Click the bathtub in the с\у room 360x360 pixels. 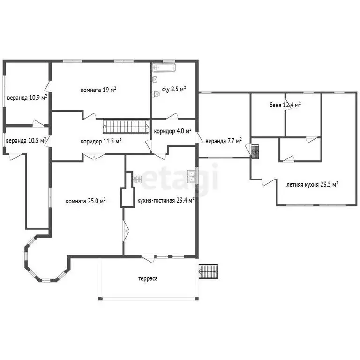pyautogui.click(x=164, y=67)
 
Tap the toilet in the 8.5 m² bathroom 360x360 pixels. pyautogui.click(x=156, y=94)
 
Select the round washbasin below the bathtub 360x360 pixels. pyautogui.click(x=155, y=79)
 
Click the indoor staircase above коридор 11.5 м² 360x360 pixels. pyautogui.click(x=126, y=127)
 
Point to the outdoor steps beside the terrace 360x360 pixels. pyautogui.click(x=208, y=271)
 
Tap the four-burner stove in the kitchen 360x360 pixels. pyautogui.click(x=137, y=180)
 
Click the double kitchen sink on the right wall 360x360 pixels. pyautogui.click(x=191, y=177)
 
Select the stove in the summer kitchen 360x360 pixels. pyautogui.click(x=255, y=152)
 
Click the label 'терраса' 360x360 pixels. pyautogui.click(x=148, y=279)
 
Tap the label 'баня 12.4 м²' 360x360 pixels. pyautogui.click(x=285, y=105)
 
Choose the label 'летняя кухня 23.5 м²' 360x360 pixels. pyautogui.click(x=312, y=184)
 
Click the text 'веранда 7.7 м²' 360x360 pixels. pyautogui.click(x=224, y=141)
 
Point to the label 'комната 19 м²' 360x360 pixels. pyautogui.click(x=98, y=90)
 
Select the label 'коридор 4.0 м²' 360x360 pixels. pyautogui.click(x=172, y=131)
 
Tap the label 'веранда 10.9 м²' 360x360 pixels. pyautogui.click(x=27, y=97)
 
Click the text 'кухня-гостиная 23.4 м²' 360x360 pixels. pyautogui.click(x=166, y=200)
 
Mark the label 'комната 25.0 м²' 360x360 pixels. pyautogui.click(x=86, y=201)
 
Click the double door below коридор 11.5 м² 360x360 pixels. pyautogui.click(x=94, y=157)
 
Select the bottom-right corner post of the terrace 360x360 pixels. pyautogui.click(x=196, y=299)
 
